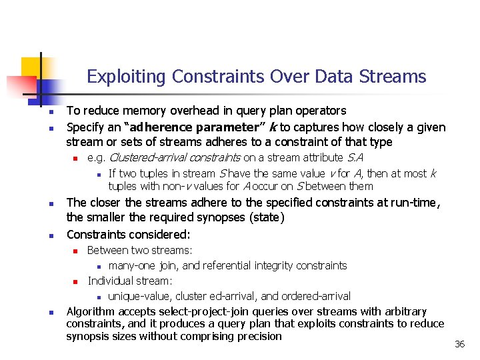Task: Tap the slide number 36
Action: (459, 344)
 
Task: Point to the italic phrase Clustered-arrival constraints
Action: (174, 158)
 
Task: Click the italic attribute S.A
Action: (355, 158)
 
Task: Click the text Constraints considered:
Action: (128, 235)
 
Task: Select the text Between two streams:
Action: (140, 250)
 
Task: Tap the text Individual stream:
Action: (130, 281)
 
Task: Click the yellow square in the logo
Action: (31, 67)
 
